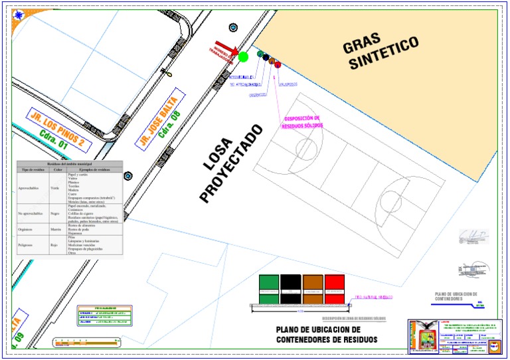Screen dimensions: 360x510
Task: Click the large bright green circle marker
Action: (x=243, y=57)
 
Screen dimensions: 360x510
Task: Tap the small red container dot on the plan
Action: (x=278, y=64)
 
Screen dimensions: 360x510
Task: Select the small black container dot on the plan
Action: (x=266, y=58)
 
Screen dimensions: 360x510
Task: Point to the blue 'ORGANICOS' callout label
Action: (x=257, y=95)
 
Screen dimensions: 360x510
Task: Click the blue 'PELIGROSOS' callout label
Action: (x=288, y=84)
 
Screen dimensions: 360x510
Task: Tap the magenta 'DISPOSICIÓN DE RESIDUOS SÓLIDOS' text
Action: (x=302, y=122)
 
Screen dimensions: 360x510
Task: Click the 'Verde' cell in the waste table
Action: (x=55, y=189)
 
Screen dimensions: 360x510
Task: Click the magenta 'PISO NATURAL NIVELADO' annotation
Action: (x=375, y=297)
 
